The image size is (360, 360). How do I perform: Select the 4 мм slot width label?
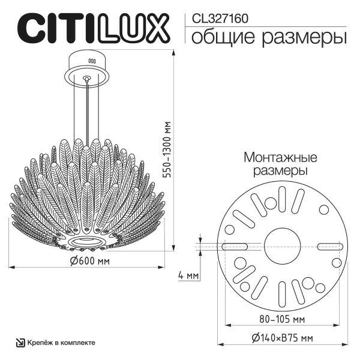coord(188,275)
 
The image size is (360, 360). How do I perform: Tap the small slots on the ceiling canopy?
coord(92,61)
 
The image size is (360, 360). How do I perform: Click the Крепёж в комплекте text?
coord(60,343)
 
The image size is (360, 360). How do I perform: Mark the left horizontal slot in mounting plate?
coord(236,246)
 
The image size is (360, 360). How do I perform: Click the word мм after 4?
coord(193,275)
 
